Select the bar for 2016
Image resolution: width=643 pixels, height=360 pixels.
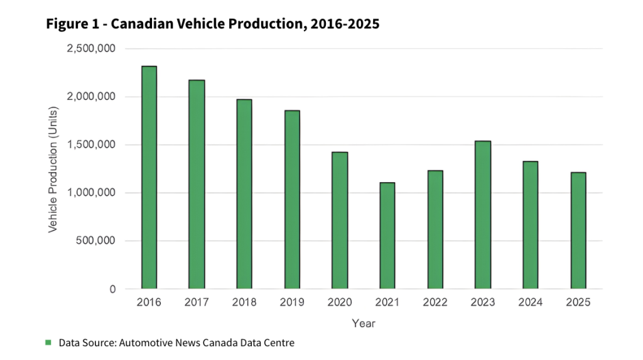149,177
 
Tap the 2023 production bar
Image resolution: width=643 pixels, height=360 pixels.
483,215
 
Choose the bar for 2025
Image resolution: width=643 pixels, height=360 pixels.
578,231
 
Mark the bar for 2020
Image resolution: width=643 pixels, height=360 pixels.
340,221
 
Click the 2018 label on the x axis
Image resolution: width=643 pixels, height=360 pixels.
244,303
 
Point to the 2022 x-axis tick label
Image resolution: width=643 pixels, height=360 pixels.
435,303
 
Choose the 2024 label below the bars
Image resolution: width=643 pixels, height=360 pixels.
531,303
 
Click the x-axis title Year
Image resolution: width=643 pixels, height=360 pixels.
364,324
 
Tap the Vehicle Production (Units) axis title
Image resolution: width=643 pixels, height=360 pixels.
53,168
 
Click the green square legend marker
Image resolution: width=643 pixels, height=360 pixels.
48,342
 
